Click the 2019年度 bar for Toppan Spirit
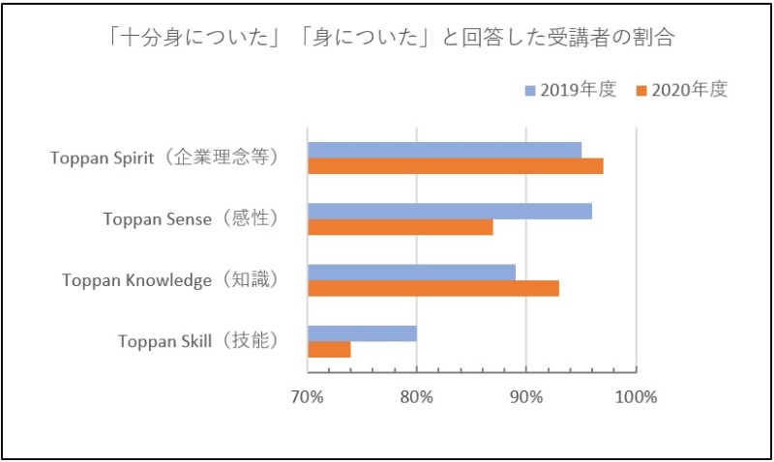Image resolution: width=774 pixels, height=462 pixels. pyautogui.click(x=444, y=150)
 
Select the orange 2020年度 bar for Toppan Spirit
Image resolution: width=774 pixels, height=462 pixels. pyautogui.click(x=455, y=166)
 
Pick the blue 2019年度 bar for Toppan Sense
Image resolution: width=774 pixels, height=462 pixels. pyautogui.click(x=449, y=211)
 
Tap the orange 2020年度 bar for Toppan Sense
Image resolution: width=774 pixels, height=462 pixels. pyautogui.click(x=400, y=227)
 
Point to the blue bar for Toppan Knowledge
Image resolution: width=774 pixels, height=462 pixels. pyautogui.click(x=411, y=273)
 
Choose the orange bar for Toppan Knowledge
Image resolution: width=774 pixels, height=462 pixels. pyautogui.click(x=432, y=288)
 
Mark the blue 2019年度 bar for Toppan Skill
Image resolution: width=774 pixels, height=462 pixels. pyautogui.click(x=362, y=333)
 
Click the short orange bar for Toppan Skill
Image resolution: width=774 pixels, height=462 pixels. pyautogui.click(x=329, y=350)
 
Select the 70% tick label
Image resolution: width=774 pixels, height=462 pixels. pyautogui.click(x=308, y=396)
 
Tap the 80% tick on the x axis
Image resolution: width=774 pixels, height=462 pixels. pyautogui.click(x=416, y=396)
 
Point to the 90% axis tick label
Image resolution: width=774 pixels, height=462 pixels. pyautogui.click(x=525, y=396)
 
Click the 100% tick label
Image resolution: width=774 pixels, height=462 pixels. pyautogui.click(x=636, y=396)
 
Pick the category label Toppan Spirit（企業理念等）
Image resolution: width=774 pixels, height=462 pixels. pyautogui.click(x=164, y=159)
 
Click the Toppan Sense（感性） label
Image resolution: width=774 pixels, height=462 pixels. pyautogui.click(x=191, y=219)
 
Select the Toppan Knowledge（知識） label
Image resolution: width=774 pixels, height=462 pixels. pyautogui.click(x=170, y=280)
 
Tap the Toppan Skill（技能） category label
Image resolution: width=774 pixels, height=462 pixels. pyautogui.click(x=198, y=341)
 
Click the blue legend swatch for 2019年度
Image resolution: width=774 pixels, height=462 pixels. pyautogui.click(x=530, y=91)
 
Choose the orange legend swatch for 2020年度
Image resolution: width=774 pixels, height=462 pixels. pyautogui.click(x=640, y=91)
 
